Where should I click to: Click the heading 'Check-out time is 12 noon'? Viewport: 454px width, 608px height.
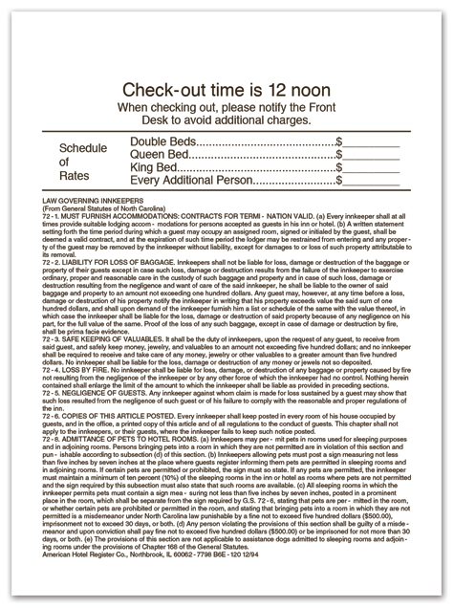[227, 90]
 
